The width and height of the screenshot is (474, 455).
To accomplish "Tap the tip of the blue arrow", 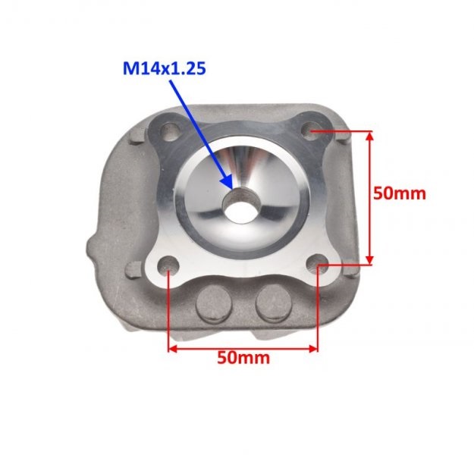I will point(230,187).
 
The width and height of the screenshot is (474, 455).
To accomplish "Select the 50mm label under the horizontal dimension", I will point(243,358).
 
